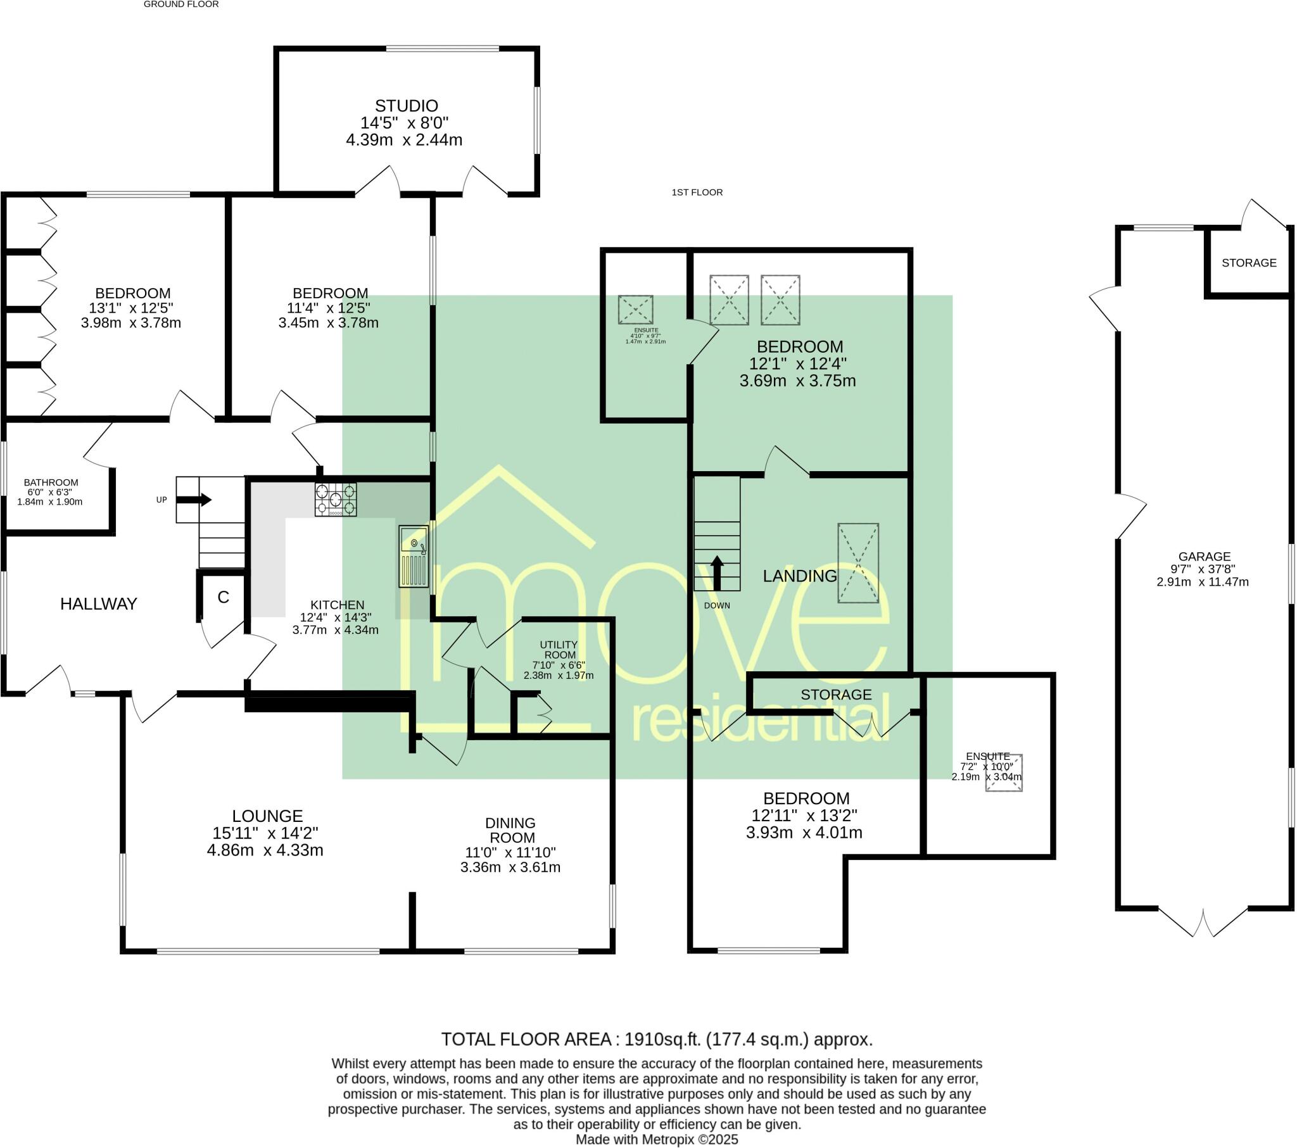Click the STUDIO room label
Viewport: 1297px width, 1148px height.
point(406,106)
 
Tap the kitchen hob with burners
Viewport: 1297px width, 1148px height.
point(336,499)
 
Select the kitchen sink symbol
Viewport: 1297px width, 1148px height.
point(414,556)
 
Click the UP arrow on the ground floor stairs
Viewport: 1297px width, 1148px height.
point(194,500)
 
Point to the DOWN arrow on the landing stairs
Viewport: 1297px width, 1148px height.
point(717,573)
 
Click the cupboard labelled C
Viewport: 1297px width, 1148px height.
point(223,596)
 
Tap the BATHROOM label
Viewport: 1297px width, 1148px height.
point(51,483)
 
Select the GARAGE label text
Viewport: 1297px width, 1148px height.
point(1204,557)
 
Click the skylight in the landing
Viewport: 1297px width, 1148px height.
point(858,563)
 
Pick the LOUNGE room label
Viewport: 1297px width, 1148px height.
point(267,816)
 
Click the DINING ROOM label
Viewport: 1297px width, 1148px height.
point(511,830)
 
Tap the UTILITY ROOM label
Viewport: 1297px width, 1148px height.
point(559,650)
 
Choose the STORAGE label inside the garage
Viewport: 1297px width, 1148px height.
point(1249,263)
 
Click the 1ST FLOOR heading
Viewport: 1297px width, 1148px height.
point(697,192)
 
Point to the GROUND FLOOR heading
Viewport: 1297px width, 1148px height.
point(182,4)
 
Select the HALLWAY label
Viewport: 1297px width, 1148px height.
point(98,603)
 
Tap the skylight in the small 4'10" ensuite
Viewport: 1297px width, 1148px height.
point(636,310)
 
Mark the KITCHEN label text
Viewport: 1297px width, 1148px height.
point(337,605)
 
